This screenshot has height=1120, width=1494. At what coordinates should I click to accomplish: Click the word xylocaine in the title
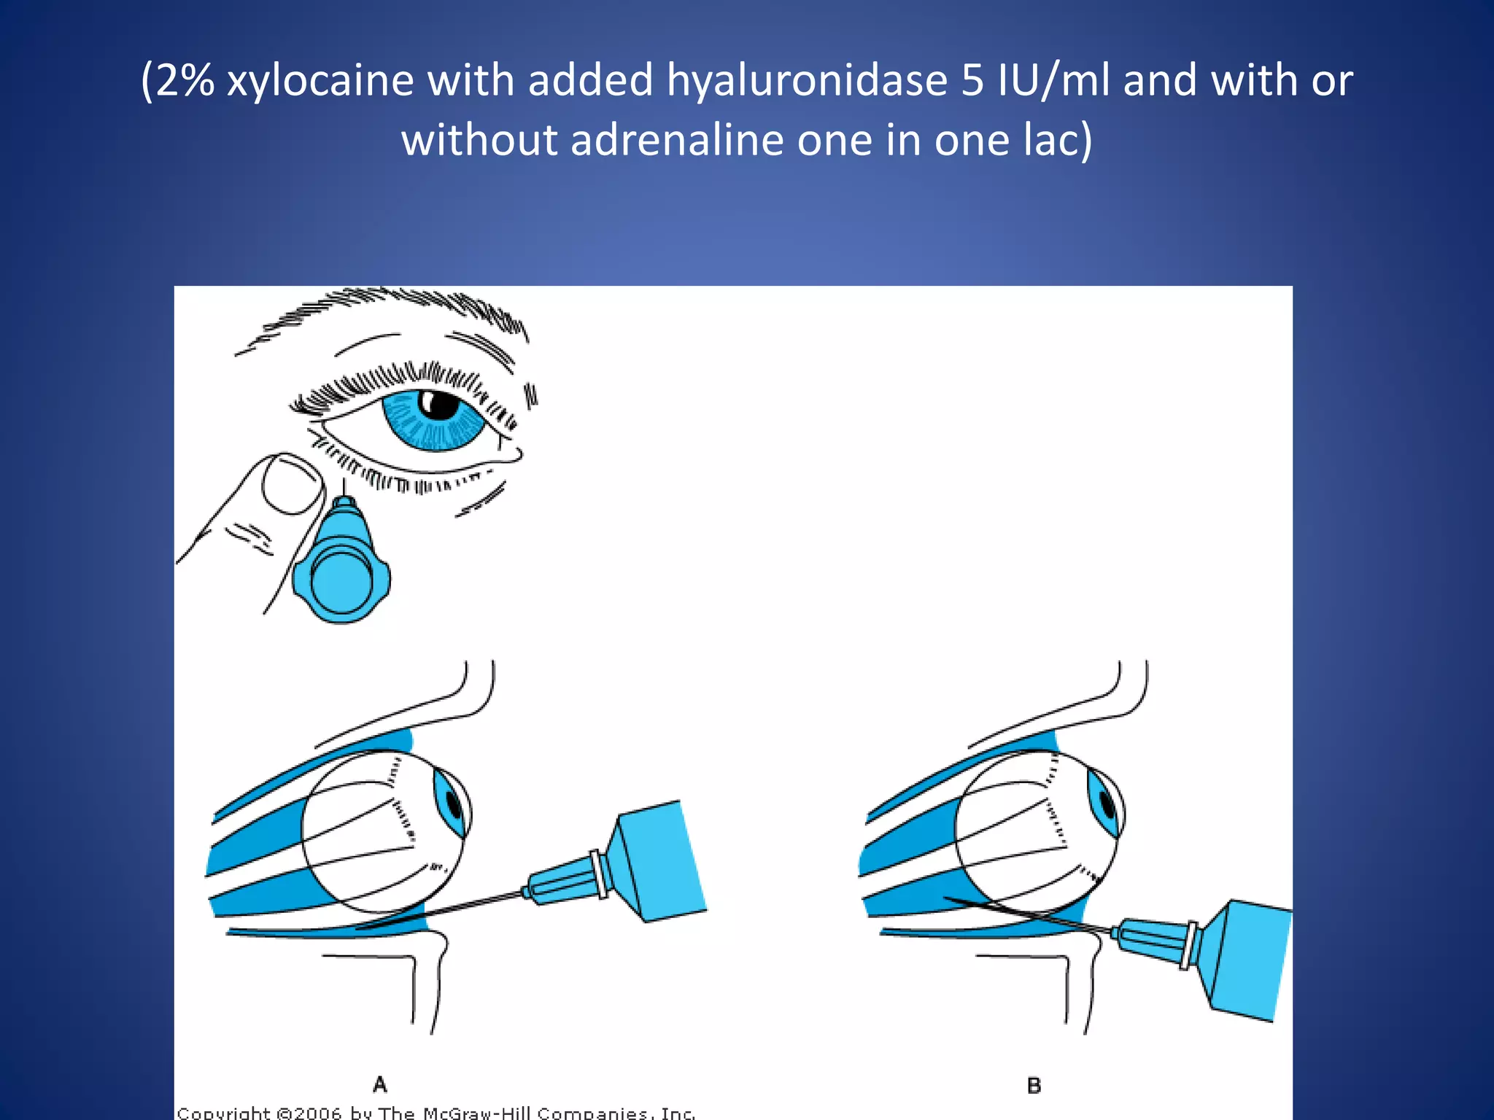pos(320,80)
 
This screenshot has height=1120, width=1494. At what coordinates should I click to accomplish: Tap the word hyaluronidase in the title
pos(806,80)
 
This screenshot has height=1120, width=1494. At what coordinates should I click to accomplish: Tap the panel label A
pos(380,1084)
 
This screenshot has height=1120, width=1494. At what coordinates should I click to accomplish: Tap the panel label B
pos(1034,1085)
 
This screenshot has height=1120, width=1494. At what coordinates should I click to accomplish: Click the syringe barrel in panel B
pos(1244,959)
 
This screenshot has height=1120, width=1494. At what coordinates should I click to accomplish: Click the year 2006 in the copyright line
pos(317,1113)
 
